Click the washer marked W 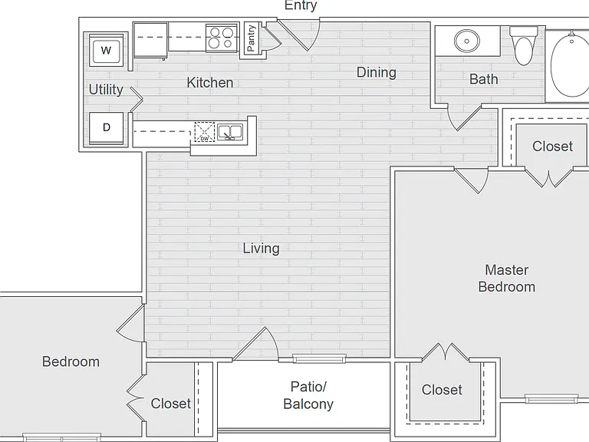click(x=106, y=50)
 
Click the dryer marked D click(x=107, y=128)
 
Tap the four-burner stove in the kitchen click(x=222, y=38)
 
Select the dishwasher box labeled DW click(x=204, y=132)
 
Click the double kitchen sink click(x=230, y=132)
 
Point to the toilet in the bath click(x=524, y=46)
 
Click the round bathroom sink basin click(x=466, y=41)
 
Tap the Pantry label click(x=252, y=38)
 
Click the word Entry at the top click(x=301, y=5)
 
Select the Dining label click(x=377, y=72)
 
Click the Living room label click(x=261, y=249)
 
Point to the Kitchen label click(x=210, y=82)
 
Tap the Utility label click(x=106, y=90)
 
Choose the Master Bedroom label click(x=507, y=278)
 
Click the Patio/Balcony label click(x=308, y=395)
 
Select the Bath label click(x=484, y=79)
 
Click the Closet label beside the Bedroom click(x=171, y=404)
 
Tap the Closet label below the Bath click(x=552, y=147)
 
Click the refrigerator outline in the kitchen click(x=150, y=40)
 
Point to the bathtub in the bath click(x=570, y=64)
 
